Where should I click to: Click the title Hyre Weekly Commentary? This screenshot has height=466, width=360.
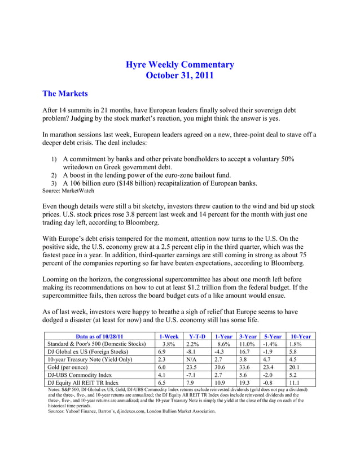(179, 65)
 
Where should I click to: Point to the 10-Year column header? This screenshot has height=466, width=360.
(300, 336)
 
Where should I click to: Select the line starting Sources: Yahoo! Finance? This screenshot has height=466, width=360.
(132, 411)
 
